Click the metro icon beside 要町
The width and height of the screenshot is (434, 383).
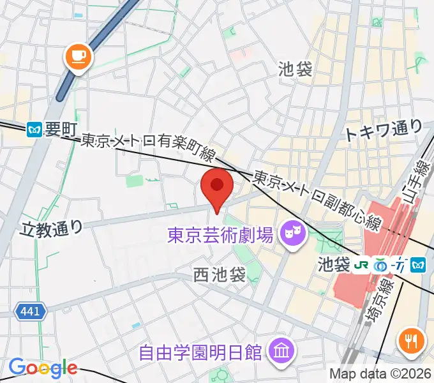tap(35, 130)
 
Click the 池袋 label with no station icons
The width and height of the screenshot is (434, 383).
tap(296, 70)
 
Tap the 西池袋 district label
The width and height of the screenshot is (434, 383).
tap(220, 274)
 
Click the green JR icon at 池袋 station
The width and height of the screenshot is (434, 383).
tap(362, 264)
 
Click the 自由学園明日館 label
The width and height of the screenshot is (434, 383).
tap(202, 350)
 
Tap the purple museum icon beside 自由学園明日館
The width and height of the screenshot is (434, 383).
tap(280, 349)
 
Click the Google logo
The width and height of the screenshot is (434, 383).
tap(43, 368)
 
